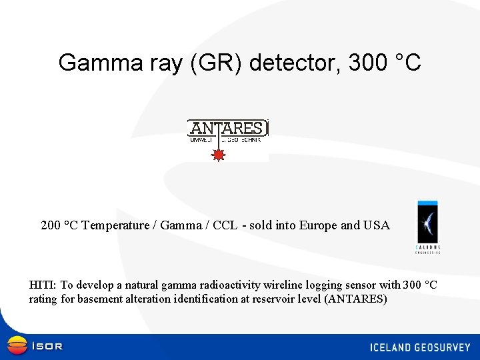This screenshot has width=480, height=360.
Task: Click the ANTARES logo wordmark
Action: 227,128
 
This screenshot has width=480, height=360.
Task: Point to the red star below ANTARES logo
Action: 217,155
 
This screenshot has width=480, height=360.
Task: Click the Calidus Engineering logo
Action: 428,227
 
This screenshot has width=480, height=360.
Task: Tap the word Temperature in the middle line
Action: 115,225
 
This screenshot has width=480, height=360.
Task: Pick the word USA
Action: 376,225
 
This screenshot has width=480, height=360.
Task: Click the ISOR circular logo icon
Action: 17,345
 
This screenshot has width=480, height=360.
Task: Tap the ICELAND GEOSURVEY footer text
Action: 420,347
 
